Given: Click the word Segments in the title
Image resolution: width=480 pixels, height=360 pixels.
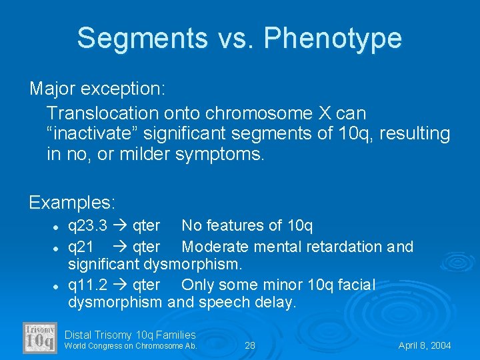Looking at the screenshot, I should pyautogui.click(x=142, y=38).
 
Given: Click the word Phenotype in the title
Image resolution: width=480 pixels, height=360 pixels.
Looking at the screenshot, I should pyautogui.click(x=333, y=38).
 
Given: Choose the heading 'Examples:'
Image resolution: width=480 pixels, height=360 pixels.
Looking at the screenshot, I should pyautogui.click(x=73, y=201).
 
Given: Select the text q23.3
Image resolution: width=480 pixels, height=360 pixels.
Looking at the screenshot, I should pyautogui.click(x=88, y=227).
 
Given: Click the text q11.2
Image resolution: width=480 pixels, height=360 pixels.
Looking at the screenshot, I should pyautogui.click(x=88, y=285).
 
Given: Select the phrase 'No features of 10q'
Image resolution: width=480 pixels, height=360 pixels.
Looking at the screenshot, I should pyautogui.click(x=247, y=227).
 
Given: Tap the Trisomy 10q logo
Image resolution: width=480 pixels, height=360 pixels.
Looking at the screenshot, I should pyautogui.click(x=41, y=337).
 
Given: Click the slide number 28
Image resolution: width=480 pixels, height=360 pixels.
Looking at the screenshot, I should pyautogui.click(x=250, y=345).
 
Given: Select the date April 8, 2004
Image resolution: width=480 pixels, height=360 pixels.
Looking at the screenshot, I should pyautogui.click(x=425, y=345).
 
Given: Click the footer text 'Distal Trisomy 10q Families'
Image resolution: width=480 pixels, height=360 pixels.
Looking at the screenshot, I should pyautogui.click(x=130, y=335).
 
